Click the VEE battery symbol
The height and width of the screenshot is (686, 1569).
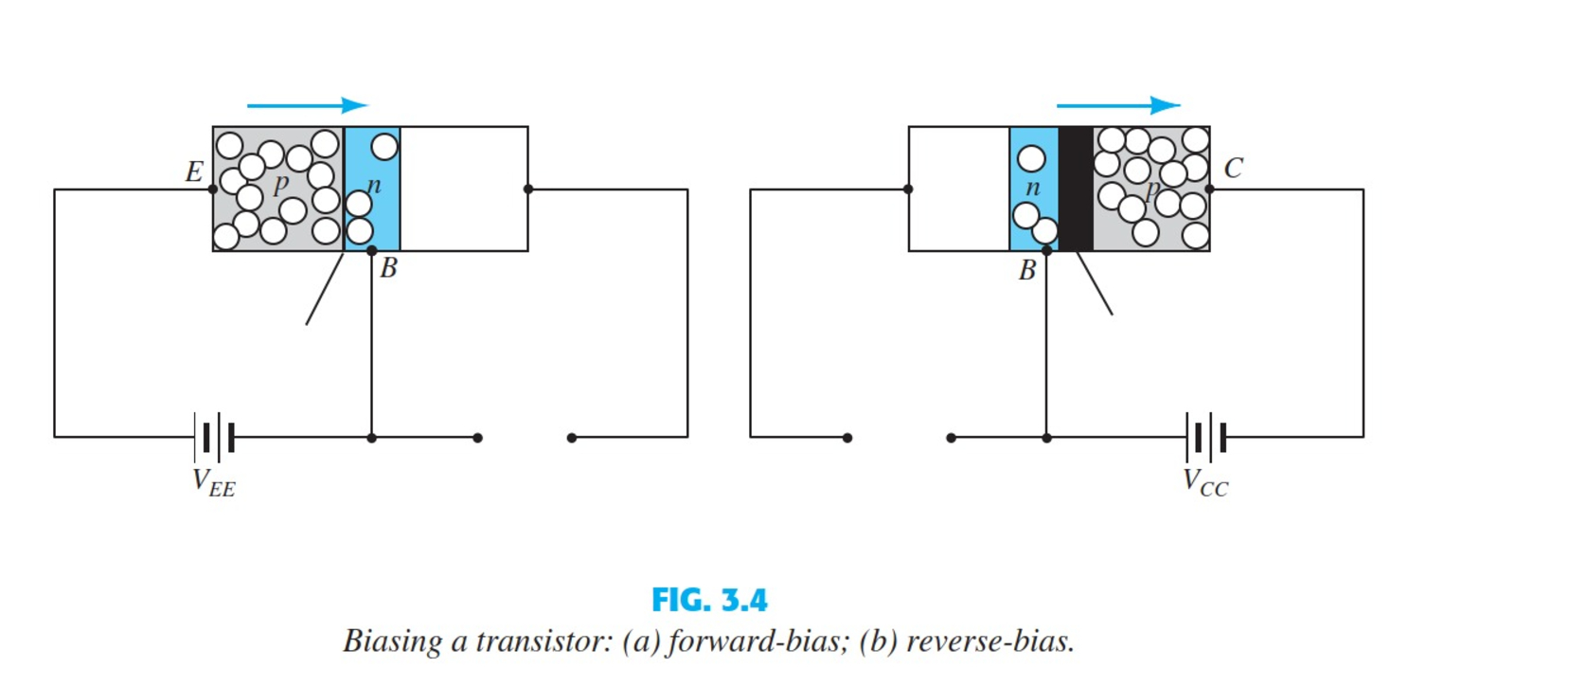tap(214, 437)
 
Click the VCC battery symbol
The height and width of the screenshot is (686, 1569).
tap(1206, 437)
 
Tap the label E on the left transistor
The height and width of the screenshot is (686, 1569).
tap(193, 171)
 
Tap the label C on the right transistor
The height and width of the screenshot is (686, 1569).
tap(1233, 169)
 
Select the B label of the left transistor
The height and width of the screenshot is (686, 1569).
tap(388, 269)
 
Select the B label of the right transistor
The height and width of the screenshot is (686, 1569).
tap(1027, 271)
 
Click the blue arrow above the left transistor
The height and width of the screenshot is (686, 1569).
tap(307, 105)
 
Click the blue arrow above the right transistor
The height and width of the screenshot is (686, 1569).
tap(1117, 105)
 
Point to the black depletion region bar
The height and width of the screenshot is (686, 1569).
tap(1076, 189)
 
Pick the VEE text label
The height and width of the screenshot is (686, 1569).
tap(214, 482)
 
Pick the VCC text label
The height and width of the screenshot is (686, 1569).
tap(1205, 482)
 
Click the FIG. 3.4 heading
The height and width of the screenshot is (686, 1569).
tap(709, 600)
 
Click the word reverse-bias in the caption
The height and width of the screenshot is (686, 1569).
tap(990, 641)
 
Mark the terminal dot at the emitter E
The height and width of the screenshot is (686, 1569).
tap(213, 189)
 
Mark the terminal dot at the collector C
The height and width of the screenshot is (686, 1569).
tap(1209, 189)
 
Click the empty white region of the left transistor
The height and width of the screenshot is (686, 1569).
tap(464, 189)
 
